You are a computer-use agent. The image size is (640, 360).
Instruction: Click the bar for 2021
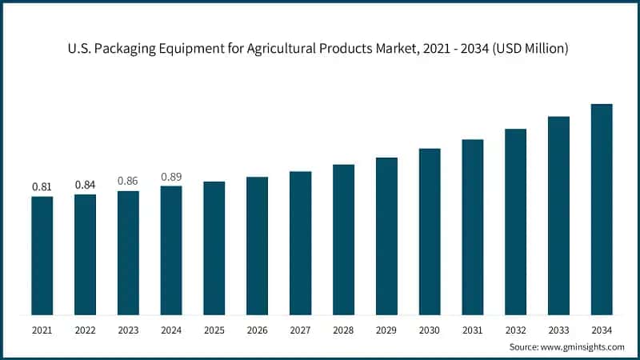42,255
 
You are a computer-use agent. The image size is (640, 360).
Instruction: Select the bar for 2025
214,247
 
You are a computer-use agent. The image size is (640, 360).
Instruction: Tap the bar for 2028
343,239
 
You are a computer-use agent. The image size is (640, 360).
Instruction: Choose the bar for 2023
128,252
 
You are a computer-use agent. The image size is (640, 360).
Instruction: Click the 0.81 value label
42,186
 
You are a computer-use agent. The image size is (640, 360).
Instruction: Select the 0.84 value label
85,184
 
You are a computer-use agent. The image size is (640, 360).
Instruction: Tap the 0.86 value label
128,181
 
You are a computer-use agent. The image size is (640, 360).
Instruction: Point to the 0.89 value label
171,176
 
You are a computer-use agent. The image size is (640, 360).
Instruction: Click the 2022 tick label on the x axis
85,330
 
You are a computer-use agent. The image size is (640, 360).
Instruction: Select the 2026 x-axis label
257,330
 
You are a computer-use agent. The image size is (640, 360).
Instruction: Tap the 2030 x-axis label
430,330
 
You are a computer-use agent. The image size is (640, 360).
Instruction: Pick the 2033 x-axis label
558,330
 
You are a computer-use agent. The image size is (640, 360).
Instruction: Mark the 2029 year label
386,330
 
